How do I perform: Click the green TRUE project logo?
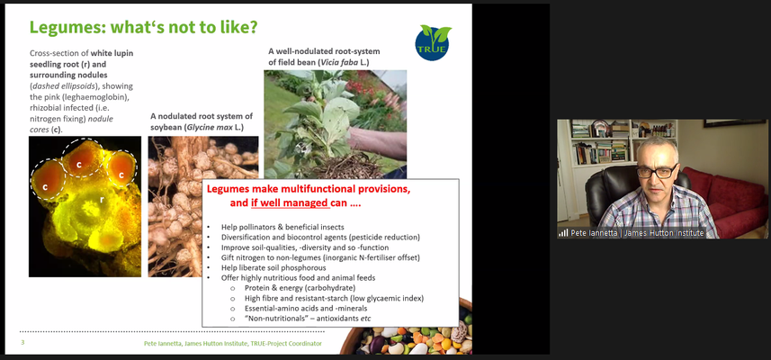tap(433, 43)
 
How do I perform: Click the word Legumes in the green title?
tap(61, 27)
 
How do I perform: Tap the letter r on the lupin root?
tap(102, 200)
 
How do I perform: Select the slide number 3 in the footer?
tap(22, 342)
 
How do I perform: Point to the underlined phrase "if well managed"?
tap(289, 202)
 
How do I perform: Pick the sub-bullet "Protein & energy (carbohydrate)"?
tap(300, 288)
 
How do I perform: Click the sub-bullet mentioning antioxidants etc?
tap(308, 319)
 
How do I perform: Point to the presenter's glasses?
tap(658, 172)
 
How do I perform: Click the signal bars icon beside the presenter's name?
tap(563, 232)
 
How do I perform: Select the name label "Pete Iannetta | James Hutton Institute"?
tap(637, 233)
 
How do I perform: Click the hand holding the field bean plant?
tap(378, 142)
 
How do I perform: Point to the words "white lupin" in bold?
tap(115, 52)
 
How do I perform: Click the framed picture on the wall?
tap(735, 123)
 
